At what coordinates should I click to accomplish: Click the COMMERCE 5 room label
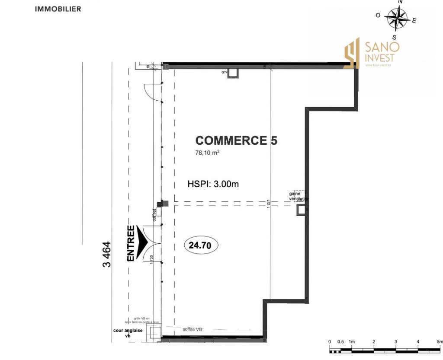[x=236, y=140]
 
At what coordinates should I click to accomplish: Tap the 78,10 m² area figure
[x=208, y=153]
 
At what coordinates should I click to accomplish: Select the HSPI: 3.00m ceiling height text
[x=213, y=184]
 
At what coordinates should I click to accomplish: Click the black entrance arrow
[x=143, y=242]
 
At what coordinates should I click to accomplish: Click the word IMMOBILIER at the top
[x=58, y=9]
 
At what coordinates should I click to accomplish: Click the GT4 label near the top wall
[x=225, y=72]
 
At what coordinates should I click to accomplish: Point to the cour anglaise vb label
[x=128, y=333]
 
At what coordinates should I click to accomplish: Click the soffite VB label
[x=193, y=330]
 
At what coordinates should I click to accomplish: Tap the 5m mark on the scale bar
[x=440, y=342]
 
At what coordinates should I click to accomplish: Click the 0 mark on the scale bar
[x=330, y=342]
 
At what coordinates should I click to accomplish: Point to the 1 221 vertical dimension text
[x=269, y=203]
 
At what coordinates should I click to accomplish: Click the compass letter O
[x=378, y=16]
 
